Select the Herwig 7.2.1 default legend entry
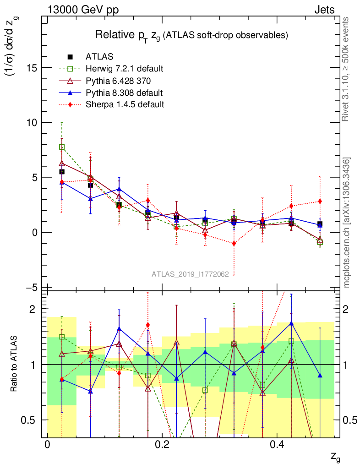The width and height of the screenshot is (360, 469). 124,69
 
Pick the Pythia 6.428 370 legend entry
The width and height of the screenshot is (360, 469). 118,81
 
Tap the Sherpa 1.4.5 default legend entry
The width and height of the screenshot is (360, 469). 124,104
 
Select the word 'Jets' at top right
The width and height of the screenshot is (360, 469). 324,9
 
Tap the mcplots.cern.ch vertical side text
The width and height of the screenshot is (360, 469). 347,223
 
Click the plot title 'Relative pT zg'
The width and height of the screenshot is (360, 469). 191,35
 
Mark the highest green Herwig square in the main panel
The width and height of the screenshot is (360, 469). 62,147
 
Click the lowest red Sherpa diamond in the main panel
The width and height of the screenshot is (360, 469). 234,243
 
